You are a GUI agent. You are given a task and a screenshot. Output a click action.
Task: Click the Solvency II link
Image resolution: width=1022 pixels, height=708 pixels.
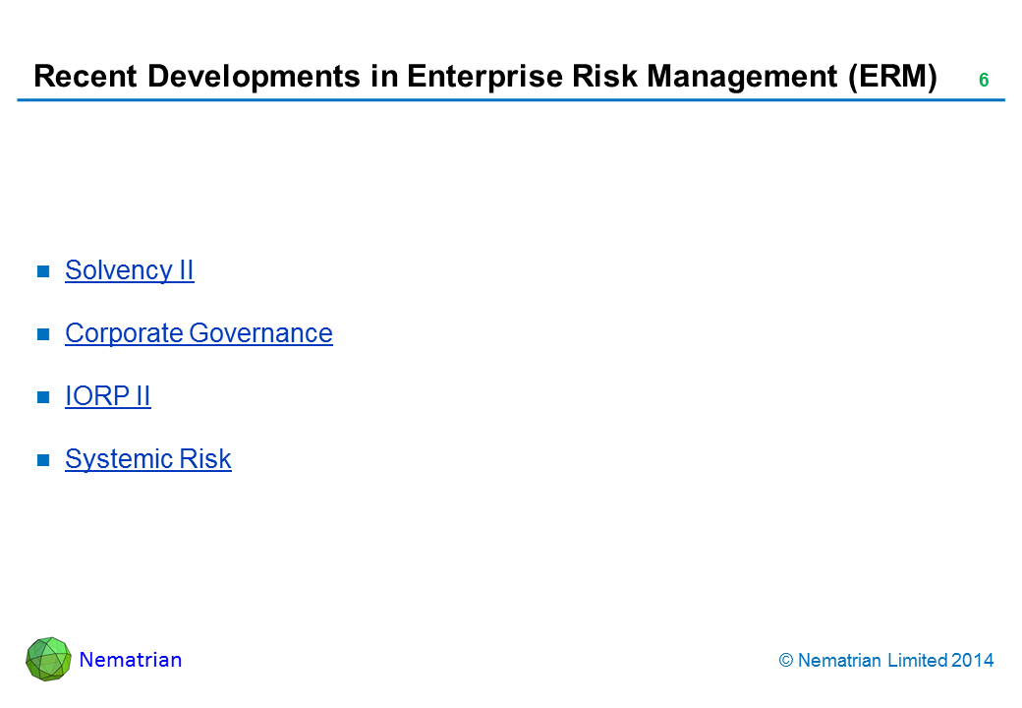coord(130,270)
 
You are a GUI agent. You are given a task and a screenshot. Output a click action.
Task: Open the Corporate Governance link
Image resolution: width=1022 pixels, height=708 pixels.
coord(199,333)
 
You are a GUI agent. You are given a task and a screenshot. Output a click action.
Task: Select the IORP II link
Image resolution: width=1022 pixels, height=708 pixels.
coord(108,396)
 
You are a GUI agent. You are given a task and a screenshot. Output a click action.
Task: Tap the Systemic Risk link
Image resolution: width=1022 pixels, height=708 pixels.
coord(148,459)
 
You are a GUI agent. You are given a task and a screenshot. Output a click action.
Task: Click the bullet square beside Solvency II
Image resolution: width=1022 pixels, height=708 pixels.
coord(43,271)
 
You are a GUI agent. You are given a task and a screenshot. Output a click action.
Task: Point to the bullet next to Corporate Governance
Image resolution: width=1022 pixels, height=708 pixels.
coord(43,333)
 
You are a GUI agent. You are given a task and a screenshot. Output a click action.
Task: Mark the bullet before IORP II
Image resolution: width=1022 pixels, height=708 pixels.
coord(43,397)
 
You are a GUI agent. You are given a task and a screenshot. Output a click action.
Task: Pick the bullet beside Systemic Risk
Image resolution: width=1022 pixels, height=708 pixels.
coord(43,459)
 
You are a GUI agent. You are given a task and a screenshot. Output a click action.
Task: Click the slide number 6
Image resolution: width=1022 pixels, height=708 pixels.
coord(984,81)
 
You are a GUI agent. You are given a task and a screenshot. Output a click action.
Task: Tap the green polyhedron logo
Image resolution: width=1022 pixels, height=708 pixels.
coord(48,659)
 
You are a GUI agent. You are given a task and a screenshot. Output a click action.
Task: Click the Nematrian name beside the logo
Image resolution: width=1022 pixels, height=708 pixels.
coord(131,660)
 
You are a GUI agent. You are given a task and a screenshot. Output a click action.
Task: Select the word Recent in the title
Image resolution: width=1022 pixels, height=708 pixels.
coord(85,77)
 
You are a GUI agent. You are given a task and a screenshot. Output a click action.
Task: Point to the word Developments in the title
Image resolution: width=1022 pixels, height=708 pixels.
coord(255,77)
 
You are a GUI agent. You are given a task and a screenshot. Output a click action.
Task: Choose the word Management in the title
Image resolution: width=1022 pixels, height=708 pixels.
coord(742,77)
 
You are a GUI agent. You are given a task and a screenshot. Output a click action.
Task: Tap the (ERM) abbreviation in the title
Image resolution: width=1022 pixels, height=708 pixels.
coord(892,77)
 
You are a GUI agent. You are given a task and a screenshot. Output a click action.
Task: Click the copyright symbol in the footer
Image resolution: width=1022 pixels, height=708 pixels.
coord(786,661)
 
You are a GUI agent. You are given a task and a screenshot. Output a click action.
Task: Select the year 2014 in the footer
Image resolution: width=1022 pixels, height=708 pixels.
coord(973,661)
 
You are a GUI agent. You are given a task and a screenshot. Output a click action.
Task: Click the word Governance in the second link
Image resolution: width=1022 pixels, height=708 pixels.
coord(260,333)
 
